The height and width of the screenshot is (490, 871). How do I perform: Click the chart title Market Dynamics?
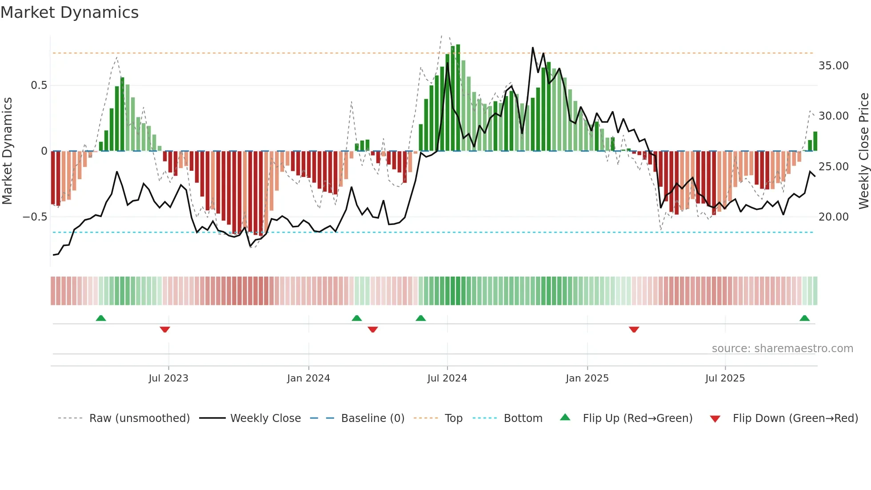69,12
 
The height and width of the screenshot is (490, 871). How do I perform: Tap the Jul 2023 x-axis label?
168,378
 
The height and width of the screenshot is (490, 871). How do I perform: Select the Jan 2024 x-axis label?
308,378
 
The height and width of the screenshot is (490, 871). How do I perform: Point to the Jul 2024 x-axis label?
447,378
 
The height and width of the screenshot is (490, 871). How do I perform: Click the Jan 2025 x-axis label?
587,378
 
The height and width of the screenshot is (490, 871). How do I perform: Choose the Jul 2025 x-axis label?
725,378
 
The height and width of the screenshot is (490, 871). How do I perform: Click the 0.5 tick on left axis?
39,85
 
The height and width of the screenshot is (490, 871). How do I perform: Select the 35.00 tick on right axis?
833,66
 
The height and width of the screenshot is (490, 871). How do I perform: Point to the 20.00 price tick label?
833,217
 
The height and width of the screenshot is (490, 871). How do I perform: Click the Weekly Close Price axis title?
863,151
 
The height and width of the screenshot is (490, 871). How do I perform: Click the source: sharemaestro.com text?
782,349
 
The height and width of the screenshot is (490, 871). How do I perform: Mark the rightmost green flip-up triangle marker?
804,318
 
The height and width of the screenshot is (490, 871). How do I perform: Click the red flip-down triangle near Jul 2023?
165,329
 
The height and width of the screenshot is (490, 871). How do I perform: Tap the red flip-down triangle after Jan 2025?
634,329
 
